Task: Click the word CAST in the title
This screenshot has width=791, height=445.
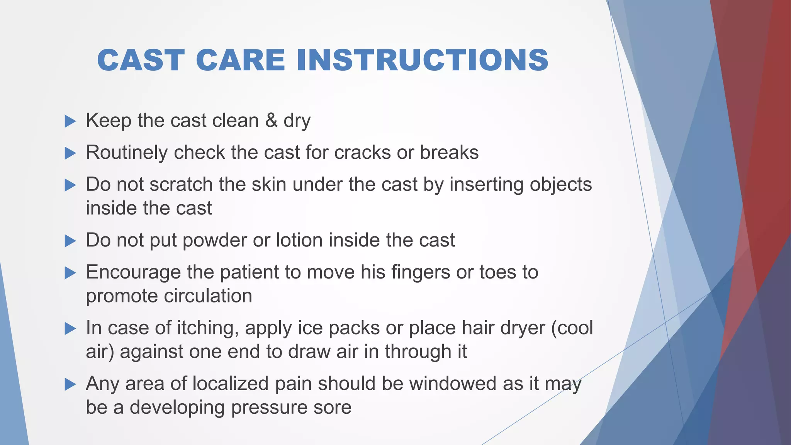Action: tap(141, 60)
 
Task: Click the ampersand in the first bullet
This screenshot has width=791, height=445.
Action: tap(272, 120)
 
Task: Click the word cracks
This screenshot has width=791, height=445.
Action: tap(363, 152)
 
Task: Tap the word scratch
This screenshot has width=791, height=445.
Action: tap(181, 184)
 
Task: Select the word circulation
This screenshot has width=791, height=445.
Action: tap(208, 296)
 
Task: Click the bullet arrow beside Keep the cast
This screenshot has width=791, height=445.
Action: tap(70, 121)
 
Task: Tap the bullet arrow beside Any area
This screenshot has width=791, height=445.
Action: tap(70, 384)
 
